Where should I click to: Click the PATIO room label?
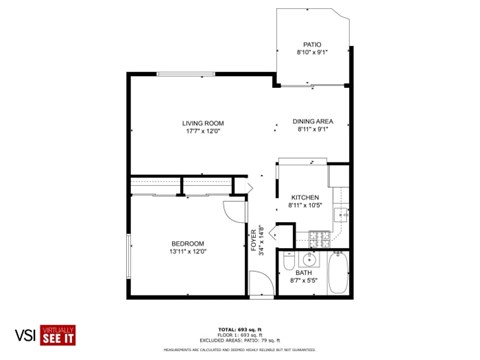[312, 44]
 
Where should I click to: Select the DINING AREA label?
[312, 121]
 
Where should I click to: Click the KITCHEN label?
[304, 197]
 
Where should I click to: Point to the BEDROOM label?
[187, 244]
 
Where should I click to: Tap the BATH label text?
[304, 273]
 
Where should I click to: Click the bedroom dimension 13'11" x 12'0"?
[187, 252]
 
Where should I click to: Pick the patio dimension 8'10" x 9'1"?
[312, 52]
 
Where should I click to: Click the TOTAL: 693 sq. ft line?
[240, 328]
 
